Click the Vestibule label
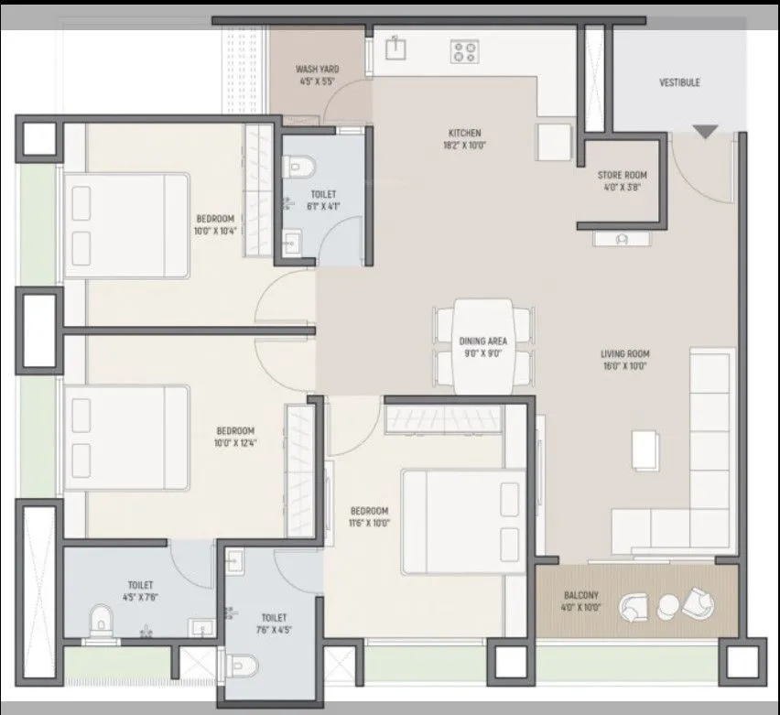click(679, 82)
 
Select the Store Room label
click(622, 180)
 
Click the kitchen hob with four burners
click(463, 51)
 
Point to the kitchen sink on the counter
click(395, 47)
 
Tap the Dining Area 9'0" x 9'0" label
click(482, 347)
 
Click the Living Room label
click(624, 359)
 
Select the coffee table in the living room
click(645, 450)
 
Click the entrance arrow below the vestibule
click(704, 132)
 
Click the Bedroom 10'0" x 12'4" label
click(235, 436)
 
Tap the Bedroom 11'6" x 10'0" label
click(369, 516)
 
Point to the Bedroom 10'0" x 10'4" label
click(215, 224)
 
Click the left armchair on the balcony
click(634, 605)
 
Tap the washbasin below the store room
click(623, 239)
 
